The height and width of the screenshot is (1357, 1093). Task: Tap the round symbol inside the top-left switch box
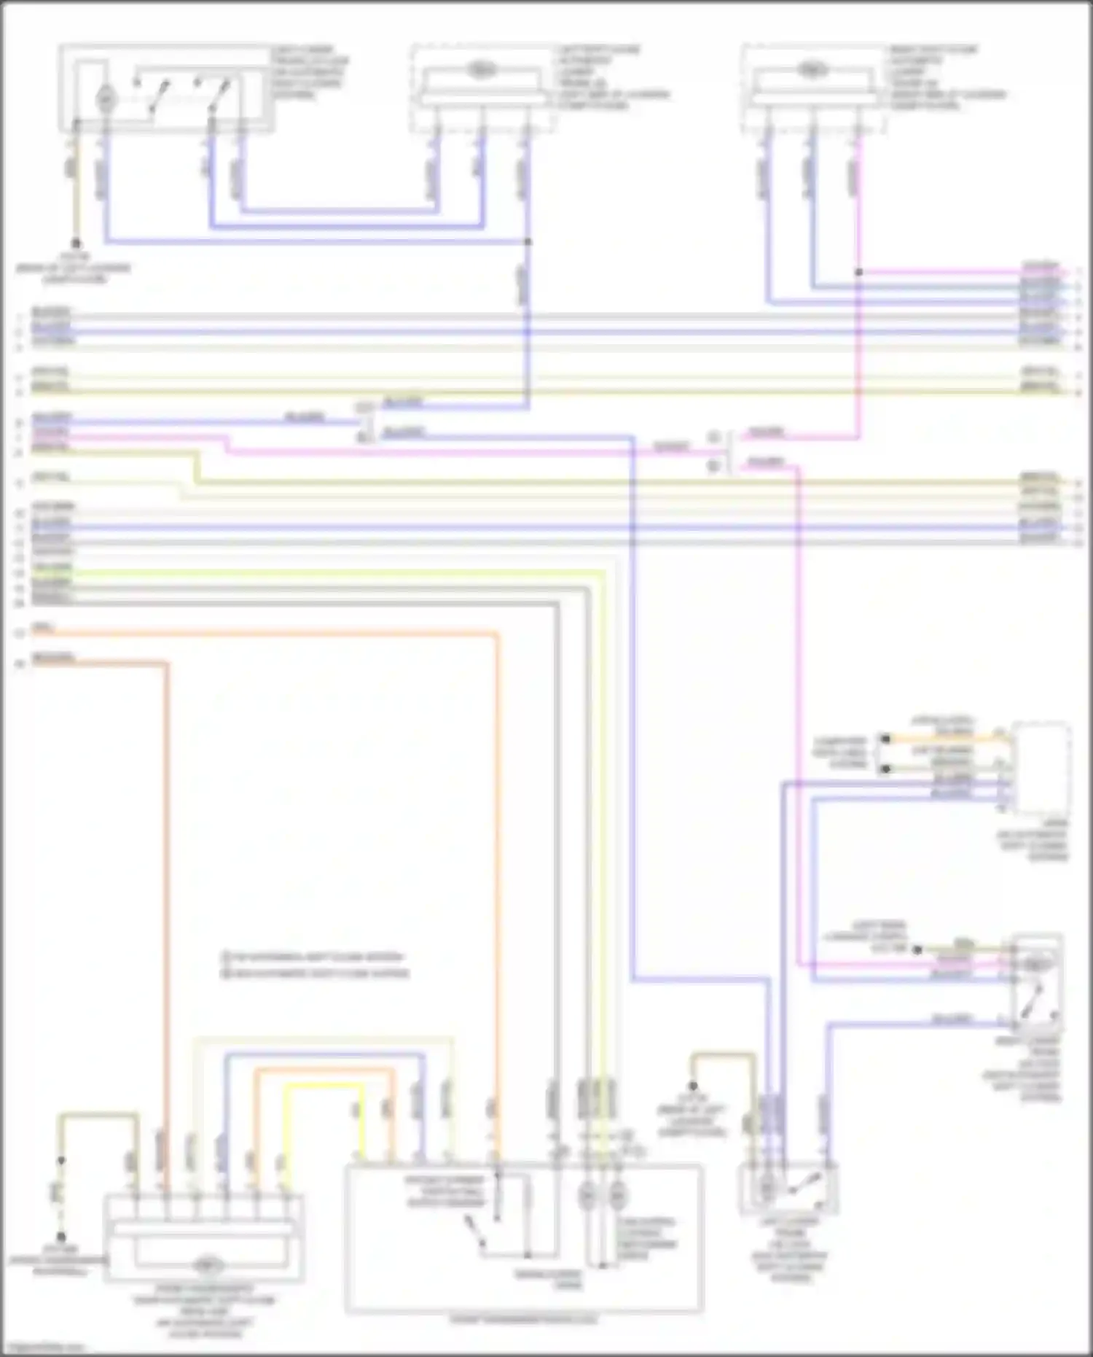(106, 96)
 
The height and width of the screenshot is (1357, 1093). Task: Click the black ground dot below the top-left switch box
(75, 244)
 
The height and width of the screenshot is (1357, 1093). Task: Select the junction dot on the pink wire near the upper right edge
(858, 272)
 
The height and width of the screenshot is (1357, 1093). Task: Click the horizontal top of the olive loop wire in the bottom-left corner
(98, 1114)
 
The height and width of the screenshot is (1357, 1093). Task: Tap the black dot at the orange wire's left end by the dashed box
(885, 739)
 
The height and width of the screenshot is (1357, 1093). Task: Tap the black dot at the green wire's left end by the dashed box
(885, 769)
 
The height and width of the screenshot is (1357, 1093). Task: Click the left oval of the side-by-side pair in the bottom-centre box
(587, 1196)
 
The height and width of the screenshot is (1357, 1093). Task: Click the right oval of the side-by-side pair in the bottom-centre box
(617, 1196)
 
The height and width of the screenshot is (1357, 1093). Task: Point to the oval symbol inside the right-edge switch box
(1034, 964)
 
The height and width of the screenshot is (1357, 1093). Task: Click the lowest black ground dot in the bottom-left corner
(61, 1237)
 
